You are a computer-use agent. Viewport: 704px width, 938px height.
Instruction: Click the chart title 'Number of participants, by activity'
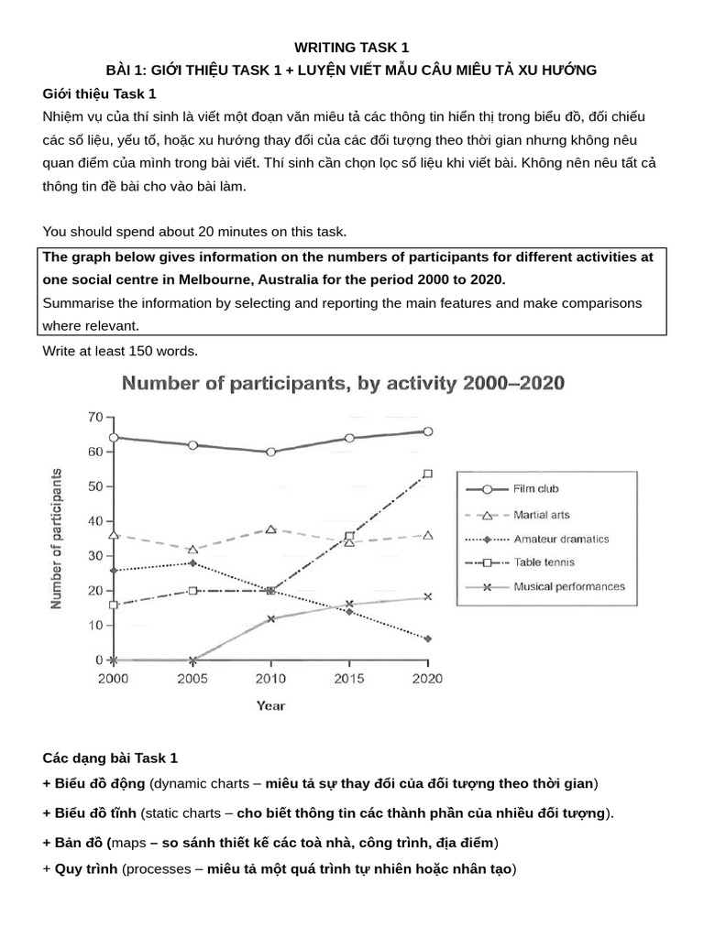click(x=344, y=383)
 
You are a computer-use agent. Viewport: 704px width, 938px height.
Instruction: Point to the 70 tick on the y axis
click(x=94, y=417)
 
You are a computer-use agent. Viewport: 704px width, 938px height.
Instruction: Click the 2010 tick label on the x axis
click(x=270, y=679)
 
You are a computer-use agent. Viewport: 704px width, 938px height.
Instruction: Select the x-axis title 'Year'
click(x=270, y=705)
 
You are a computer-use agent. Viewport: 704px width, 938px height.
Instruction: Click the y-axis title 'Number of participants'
click(x=57, y=539)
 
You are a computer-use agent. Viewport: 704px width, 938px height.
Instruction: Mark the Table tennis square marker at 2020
click(x=427, y=474)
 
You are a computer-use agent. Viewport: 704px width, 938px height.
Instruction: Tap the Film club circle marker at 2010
click(x=270, y=452)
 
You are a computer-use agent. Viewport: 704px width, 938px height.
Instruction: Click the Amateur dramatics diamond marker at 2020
click(x=427, y=638)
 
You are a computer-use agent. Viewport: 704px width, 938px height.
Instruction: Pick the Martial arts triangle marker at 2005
click(x=192, y=550)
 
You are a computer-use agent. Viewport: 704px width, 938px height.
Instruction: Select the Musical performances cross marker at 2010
click(x=270, y=618)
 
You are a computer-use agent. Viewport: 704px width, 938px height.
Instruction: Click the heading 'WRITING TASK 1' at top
click(x=351, y=48)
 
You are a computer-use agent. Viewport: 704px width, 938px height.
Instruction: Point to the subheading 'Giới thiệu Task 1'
click(x=99, y=93)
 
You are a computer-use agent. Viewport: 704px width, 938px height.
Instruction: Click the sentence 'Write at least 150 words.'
click(x=120, y=350)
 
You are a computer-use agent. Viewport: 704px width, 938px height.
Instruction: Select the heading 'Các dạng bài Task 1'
click(x=110, y=758)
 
